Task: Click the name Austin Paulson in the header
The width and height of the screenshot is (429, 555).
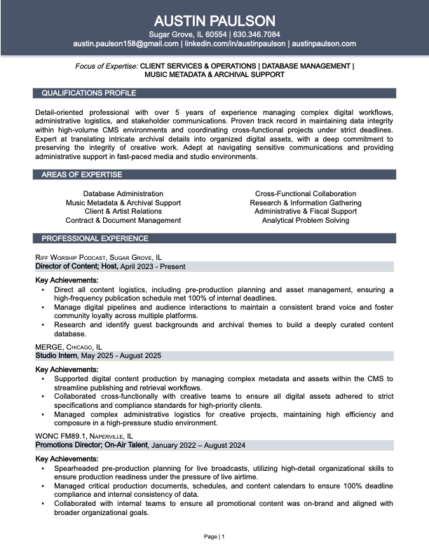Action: pos(214,20)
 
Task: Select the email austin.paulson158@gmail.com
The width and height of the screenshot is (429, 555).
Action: pos(125,43)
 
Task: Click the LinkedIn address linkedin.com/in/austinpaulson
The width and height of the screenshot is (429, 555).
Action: pos(235,43)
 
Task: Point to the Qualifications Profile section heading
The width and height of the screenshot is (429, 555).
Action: pos(88,93)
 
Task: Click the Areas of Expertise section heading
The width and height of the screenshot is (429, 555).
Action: pos(81,174)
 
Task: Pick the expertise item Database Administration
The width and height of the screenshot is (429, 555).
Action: pos(123,193)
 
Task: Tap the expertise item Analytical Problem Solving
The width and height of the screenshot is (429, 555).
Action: pos(306,220)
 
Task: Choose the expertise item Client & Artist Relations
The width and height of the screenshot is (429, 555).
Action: pos(123,211)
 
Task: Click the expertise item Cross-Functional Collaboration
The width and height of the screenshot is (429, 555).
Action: pos(306,193)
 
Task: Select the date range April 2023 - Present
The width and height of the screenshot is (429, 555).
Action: pos(153,266)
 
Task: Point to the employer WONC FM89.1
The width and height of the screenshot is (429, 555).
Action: pos(59,435)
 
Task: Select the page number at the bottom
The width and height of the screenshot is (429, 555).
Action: pos(214,537)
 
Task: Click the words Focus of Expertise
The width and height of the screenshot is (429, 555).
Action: pos(107,66)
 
